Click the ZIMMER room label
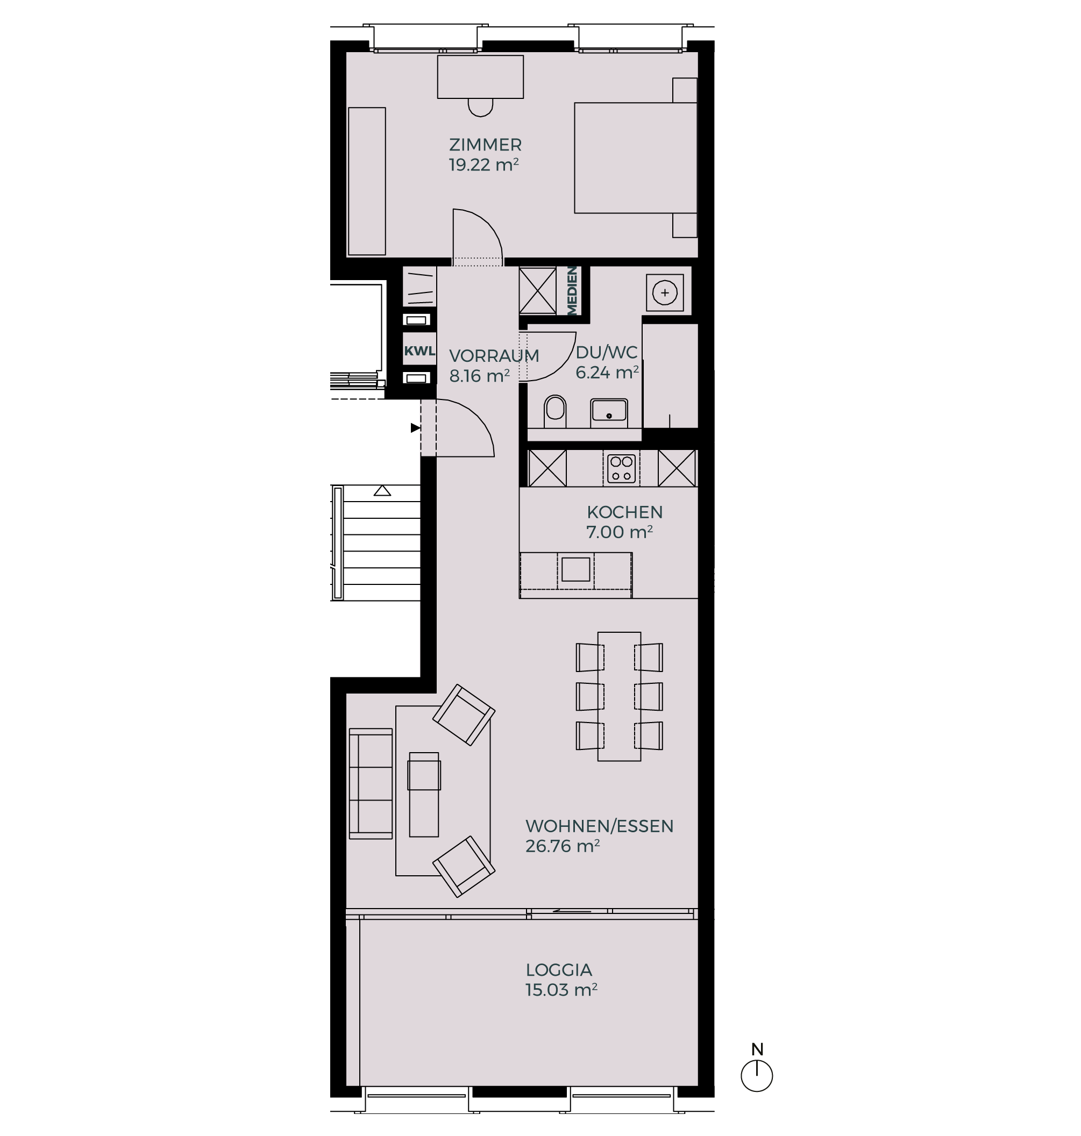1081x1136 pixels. pos(485,145)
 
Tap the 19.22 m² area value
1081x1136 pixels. pos(484,165)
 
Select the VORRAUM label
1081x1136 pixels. pos(494,355)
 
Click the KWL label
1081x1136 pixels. pos(419,351)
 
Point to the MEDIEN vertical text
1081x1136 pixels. pos(572,290)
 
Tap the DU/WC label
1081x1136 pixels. pos(606,352)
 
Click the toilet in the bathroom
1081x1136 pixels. pos(555,410)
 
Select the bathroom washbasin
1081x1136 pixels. pos(609,412)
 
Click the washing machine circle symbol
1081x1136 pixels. pos(664,292)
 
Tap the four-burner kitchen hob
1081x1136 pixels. pos(621,468)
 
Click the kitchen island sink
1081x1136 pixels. pos(575,569)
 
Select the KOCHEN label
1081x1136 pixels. pos(624,512)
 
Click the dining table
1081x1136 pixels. pos(619,696)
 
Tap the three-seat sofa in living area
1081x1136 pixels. pos(371,783)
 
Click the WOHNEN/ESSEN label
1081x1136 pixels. pos(599,826)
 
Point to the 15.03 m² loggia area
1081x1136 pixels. pos(561,990)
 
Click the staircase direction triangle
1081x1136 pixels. pos(382,491)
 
